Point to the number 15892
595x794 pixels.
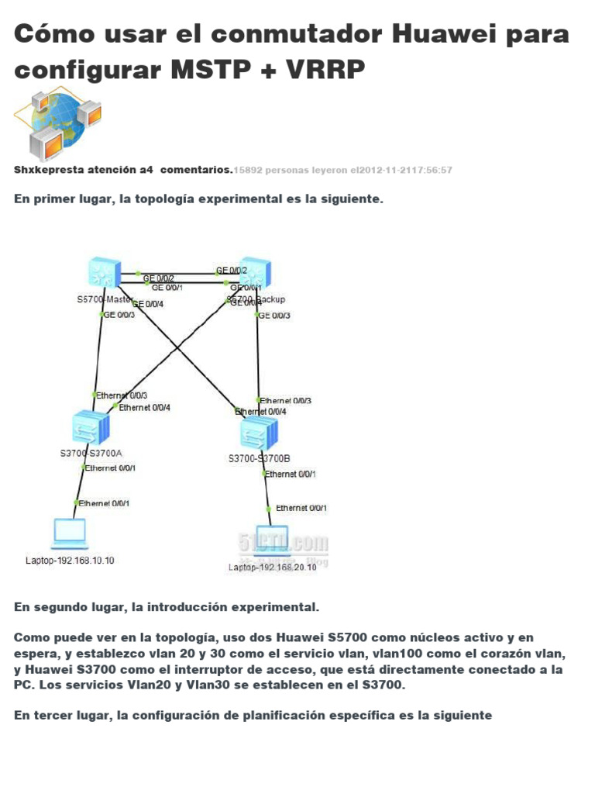tap(249, 170)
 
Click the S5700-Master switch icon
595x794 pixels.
tap(103, 273)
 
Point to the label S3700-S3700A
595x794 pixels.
tap(91, 454)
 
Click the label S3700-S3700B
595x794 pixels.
tap(260, 459)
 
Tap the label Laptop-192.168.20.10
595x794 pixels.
tap(272, 568)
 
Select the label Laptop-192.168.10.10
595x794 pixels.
tap(70, 561)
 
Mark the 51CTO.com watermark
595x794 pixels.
tap(292, 542)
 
